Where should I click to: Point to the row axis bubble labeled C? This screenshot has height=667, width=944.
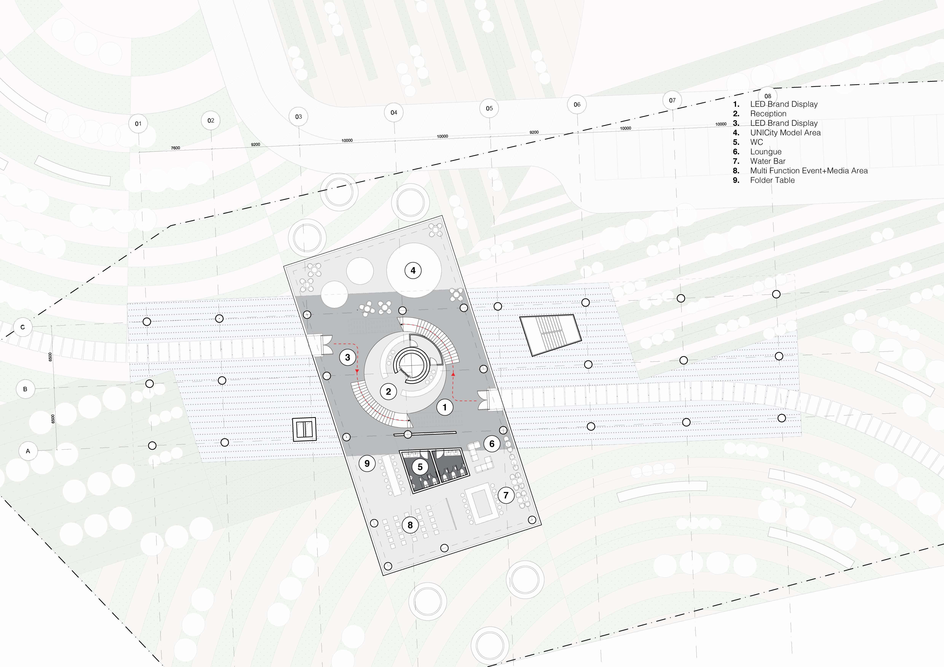point(23,327)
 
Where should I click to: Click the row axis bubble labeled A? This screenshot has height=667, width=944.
point(28,451)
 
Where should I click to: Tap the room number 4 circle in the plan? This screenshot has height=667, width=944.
point(413,270)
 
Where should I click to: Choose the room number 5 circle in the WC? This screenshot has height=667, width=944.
point(420,467)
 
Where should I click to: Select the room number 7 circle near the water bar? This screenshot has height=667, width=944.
point(506,495)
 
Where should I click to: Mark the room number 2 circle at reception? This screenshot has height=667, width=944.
point(388,391)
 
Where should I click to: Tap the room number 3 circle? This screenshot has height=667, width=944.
point(347,357)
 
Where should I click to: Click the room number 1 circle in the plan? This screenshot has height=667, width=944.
point(445,407)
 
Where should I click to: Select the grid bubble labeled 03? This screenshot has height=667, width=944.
point(299,117)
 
